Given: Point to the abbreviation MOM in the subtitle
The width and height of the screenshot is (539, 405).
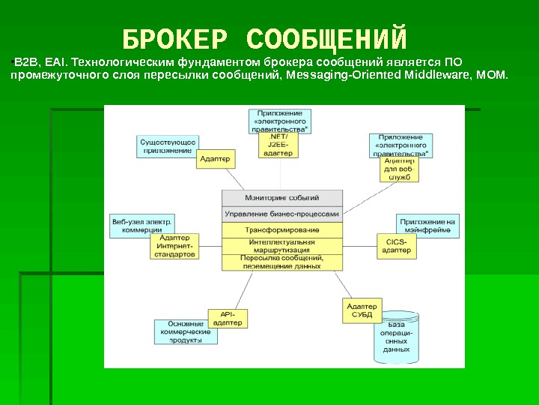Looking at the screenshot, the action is coord(493,76).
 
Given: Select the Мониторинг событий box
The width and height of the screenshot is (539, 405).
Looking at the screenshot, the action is coord(282,198).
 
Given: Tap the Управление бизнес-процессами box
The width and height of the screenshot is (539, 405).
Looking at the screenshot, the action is coord(282,214).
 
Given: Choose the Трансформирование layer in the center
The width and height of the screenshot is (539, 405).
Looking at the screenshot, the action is coord(282,229).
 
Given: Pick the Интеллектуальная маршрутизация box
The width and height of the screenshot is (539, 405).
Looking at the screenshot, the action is coord(282,246).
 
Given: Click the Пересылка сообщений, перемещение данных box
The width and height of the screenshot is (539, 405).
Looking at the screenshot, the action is coord(282,262).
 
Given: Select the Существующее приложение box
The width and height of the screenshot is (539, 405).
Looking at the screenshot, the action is coord(168,145).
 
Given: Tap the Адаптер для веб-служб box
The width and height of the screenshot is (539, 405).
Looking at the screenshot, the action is coord(399,169).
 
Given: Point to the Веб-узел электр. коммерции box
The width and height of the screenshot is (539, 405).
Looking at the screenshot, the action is coord(141,226).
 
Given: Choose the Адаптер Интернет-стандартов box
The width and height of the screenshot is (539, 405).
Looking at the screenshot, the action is coord(175,246).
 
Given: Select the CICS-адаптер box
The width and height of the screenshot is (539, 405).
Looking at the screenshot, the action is coord(396,247).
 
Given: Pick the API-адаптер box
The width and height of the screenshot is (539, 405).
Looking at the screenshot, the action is coord(228,318).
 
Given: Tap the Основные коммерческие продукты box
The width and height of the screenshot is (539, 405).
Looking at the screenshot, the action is coord(186,331).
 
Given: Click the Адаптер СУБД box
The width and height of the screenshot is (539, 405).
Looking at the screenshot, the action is coord(362,310).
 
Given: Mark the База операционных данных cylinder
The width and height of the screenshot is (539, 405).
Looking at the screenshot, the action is coord(396,337).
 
